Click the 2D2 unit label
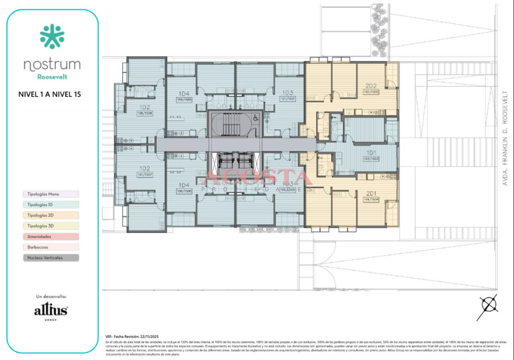[x=371, y=85]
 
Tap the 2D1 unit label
[x=371, y=193]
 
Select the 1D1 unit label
[x=371, y=153]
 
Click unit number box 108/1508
[x=145, y=113]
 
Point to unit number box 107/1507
[x=145, y=175]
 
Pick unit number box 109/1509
[x=184, y=99]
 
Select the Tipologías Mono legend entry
[x=51, y=194]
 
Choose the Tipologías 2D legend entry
[x=51, y=215]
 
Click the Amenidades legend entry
[x=51, y=236]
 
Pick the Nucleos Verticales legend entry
[x=51, y=258]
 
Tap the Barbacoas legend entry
[x=51, y=247]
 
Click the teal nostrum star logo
[x=52, y=36]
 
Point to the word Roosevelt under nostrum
[x=52, y=77]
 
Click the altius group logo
[x=51, y=310]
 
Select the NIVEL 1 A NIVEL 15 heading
[x=50, y=94]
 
